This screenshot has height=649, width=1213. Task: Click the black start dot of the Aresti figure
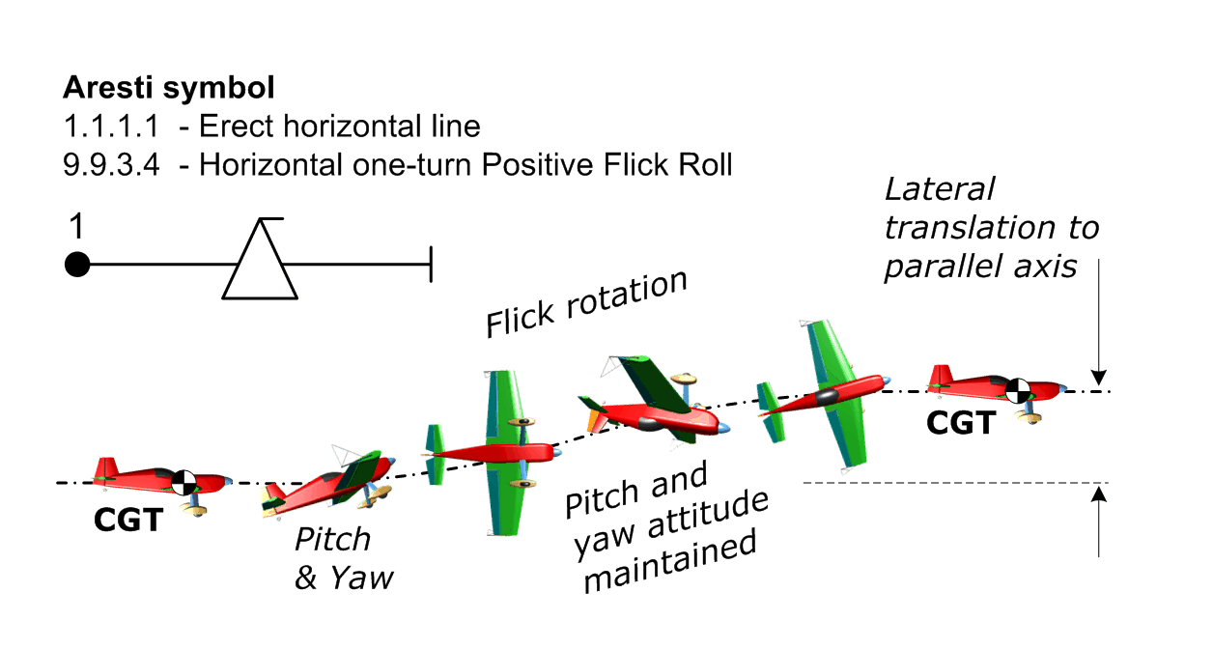click(77, 264)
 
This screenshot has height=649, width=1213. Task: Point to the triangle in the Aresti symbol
click(260, 266)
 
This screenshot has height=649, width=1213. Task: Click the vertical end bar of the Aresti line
click(430, 264)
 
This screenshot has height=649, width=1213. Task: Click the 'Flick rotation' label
click(586, 304)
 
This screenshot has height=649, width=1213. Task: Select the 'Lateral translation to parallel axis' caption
click(991, 227)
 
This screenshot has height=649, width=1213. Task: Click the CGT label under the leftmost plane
click(127, 520)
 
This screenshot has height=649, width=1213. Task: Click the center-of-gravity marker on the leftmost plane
click(183, 482)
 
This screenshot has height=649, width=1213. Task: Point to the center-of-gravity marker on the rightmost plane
click(1017, 390)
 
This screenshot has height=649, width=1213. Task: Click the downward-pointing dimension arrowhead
click(1098, 378)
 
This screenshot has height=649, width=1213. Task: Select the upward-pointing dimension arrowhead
click(1098, 495)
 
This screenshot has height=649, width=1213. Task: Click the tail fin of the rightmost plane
click(940, 376)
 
